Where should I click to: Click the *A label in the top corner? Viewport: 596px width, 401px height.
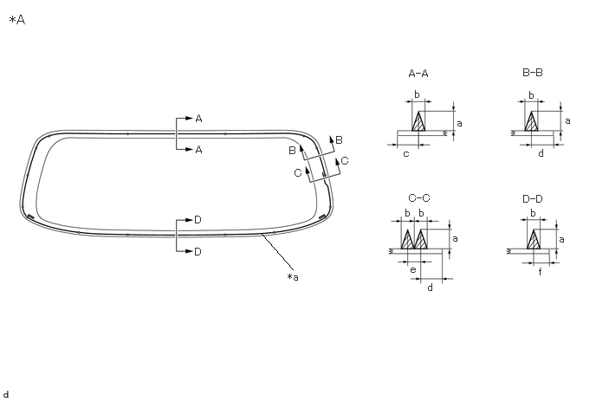coord(16,20)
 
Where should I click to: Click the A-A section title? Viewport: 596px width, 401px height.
coord(418,74)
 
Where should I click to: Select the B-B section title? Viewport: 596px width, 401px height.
coord(533,72)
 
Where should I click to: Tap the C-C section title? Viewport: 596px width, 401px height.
coord(419,198)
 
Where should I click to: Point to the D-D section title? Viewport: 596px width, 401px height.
coord(533,199)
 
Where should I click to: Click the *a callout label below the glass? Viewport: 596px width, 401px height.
coord(293,277)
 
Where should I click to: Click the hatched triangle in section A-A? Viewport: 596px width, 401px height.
coord(418,121)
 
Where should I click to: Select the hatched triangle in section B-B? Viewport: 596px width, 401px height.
coord(531,121)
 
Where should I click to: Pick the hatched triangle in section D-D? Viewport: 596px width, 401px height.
coord(534,239)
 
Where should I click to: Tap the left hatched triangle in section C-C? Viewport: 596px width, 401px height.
coord(407,239)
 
